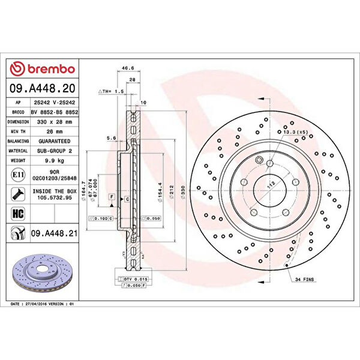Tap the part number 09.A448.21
pyautogui.click(x=56, y=232)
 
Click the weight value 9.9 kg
pyautogui.click(x=56, y=161)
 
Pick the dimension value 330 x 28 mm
pyautogui.click(x=56, y=121)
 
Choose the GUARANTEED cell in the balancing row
pyautogui.click(x=56, y=141)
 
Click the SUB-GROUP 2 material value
pyautogui.click(x=56, y=151)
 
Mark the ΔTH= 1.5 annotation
pyautogui.click(x=110, y=91)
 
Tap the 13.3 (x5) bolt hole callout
pyautogui.click(x=295, y=132)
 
